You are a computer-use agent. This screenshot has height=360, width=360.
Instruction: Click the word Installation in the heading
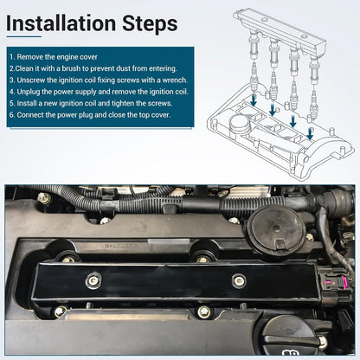tap(61, 23)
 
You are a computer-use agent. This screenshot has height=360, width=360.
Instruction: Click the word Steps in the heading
tap(150, 24)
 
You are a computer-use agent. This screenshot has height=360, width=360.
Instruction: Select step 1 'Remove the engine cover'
tap(54, 57)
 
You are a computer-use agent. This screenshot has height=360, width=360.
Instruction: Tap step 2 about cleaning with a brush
tap(93, 68)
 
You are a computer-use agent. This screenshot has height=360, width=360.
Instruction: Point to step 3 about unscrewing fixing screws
tap(99, 80)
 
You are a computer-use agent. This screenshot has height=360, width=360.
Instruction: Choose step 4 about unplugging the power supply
tap(99, 92)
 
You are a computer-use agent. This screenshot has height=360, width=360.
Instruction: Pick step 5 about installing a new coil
tap(91, 103)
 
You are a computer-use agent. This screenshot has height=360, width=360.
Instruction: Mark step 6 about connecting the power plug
tap(90, 115)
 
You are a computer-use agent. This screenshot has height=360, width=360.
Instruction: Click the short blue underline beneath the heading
tap(24, 36)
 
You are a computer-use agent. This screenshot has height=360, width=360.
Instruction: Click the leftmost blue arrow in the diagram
tap(254, 100)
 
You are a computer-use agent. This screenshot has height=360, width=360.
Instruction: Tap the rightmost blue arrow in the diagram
tap(310, 133)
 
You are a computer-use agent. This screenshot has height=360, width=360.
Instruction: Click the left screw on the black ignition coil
tap(93, 280)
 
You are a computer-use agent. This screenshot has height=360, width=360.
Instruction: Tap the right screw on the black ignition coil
tap(239, 280)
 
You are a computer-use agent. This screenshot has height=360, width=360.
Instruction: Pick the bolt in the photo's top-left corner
tap(44, 197)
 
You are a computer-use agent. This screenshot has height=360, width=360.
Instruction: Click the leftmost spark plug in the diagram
tap(254, 77)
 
